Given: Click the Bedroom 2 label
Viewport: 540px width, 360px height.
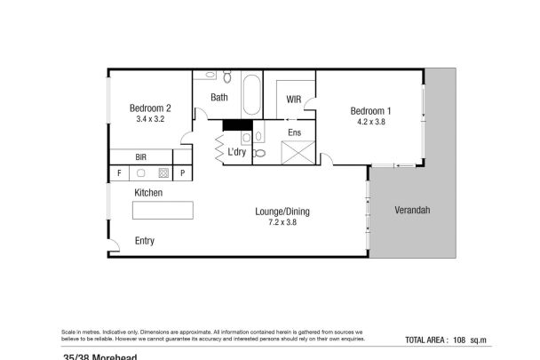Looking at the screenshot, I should [149, 108].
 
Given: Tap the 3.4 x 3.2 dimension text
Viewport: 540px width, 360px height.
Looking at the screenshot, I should [149, 119].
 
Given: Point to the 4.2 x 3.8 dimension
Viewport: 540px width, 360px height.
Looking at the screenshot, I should [370, 121].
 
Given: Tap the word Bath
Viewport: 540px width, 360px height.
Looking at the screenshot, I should [219, 98].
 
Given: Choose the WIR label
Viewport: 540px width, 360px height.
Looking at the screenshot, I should [294, 100].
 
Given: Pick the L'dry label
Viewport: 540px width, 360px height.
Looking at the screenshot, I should [236, 153].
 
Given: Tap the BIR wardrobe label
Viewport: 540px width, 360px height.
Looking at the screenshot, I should [140, 156].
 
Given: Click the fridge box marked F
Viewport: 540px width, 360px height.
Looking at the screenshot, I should [117, 172].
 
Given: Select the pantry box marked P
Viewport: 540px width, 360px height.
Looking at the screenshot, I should [183, 172].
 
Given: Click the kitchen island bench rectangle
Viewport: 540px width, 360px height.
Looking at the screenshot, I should [163, 210].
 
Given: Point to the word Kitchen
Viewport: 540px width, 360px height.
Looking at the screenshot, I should [148, 192].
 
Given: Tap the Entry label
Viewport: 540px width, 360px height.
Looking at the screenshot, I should [144, 240].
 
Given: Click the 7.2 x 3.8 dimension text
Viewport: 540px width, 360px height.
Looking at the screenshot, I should [282, 222].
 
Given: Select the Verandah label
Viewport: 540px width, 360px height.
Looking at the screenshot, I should [412, 211].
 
